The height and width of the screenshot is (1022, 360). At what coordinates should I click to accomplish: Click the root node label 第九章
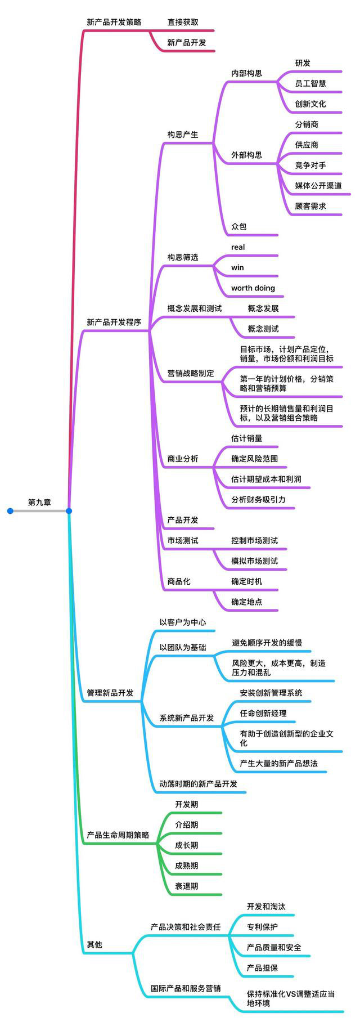point(39,502)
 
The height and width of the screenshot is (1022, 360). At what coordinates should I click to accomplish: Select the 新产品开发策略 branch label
point(114,22)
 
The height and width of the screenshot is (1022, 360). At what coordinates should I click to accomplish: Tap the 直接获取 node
point(183,22)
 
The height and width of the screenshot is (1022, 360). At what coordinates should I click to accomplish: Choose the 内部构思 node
point(246,73)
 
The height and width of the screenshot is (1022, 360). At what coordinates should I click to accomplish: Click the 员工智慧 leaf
point(310,83)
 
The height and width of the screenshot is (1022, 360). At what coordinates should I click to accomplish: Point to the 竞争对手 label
point(310,165)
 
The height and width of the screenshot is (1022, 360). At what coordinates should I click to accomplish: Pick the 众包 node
point(239,227)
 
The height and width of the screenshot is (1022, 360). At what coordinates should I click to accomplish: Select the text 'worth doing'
point(253,288)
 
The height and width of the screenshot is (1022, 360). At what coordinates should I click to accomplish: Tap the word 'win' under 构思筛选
point(237,267)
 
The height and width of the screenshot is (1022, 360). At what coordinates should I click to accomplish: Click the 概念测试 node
point(263,329)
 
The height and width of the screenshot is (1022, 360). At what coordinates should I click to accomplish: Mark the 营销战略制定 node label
point(191,373)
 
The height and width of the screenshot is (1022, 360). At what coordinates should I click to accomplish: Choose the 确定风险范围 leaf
point(254,459)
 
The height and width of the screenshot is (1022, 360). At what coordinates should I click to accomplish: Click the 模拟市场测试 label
point(254,561)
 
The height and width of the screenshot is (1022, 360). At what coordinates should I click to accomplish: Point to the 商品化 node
point(179,581)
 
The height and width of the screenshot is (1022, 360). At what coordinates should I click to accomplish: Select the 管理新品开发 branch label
point(110,693)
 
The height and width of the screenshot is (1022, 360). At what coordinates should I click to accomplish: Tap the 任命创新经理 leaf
point(263,713)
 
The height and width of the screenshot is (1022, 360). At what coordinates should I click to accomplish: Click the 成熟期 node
point(186,866)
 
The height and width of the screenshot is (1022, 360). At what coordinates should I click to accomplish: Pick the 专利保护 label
point(262,927)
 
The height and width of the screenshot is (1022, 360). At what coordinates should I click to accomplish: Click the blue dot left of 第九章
point(10,511)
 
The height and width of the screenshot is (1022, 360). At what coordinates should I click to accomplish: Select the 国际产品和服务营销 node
point(186,988)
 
